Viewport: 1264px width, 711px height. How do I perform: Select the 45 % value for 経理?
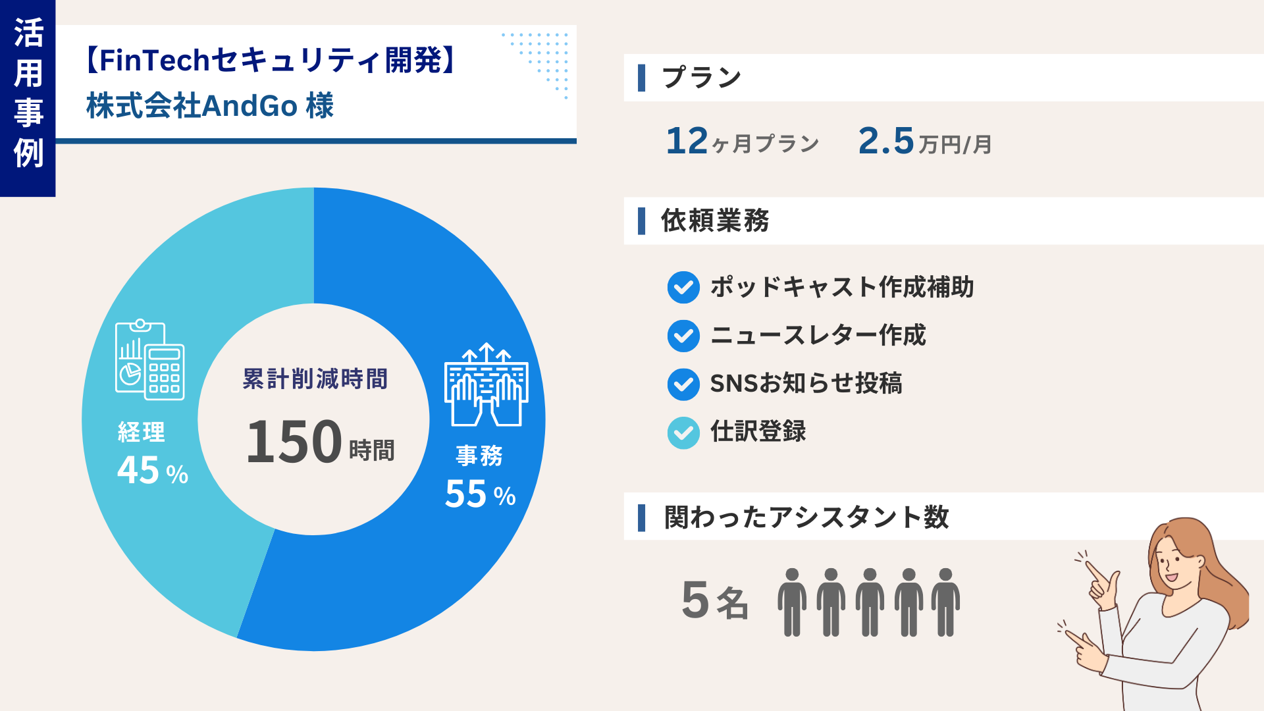pos(152,471)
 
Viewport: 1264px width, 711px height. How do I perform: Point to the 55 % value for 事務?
pos(479,494)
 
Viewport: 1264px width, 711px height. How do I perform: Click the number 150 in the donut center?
pos(294,442)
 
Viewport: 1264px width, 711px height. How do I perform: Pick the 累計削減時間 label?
pos(315,379)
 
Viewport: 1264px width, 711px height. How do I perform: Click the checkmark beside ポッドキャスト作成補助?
pos(683,288)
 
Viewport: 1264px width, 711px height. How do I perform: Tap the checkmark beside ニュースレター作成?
pos(683,336)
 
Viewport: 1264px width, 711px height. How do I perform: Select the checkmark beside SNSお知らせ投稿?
pos(683,384)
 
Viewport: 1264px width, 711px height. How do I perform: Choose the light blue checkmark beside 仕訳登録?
pos(683,433)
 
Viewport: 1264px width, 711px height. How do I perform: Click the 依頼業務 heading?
pos(715,221)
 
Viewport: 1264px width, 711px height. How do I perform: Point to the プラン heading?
pos(702,78)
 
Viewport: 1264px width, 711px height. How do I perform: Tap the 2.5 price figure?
pos(886,141)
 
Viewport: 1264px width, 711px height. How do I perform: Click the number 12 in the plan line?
pos(687,141)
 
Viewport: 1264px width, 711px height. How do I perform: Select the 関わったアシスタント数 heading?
pos(806,517)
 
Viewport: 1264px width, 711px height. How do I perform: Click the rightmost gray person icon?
pos(945,602)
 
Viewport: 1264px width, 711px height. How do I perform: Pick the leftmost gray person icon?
pos(792,602)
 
